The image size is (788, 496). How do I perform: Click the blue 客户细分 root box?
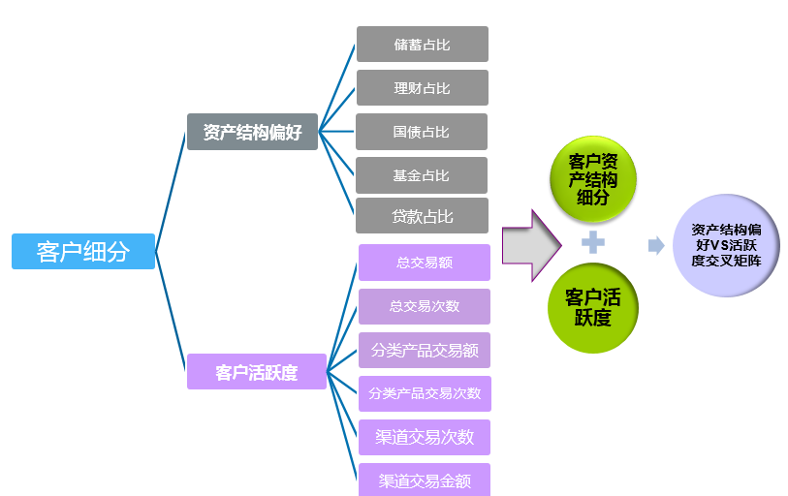83,252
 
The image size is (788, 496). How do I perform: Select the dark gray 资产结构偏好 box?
252,132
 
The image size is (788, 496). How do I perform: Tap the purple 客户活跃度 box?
257,372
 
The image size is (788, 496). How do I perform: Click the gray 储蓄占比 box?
422,45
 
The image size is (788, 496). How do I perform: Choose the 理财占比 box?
422,88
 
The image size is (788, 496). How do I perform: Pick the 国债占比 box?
422,132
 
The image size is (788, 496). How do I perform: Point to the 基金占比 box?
422,175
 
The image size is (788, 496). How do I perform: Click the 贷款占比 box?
422,216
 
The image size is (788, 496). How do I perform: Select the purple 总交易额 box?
425,263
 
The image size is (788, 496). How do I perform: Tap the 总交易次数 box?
425,306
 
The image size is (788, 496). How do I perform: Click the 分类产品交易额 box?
425,350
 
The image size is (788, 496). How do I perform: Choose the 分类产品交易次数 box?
425,393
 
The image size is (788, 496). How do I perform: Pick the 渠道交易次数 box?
425,437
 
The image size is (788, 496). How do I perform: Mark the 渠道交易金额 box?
425,480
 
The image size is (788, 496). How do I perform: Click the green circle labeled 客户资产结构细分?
593,179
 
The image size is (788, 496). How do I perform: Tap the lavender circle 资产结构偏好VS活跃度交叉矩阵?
726,245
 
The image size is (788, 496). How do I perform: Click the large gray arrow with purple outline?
531,245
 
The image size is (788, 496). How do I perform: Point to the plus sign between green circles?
593,243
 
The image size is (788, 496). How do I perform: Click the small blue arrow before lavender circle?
656,245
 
